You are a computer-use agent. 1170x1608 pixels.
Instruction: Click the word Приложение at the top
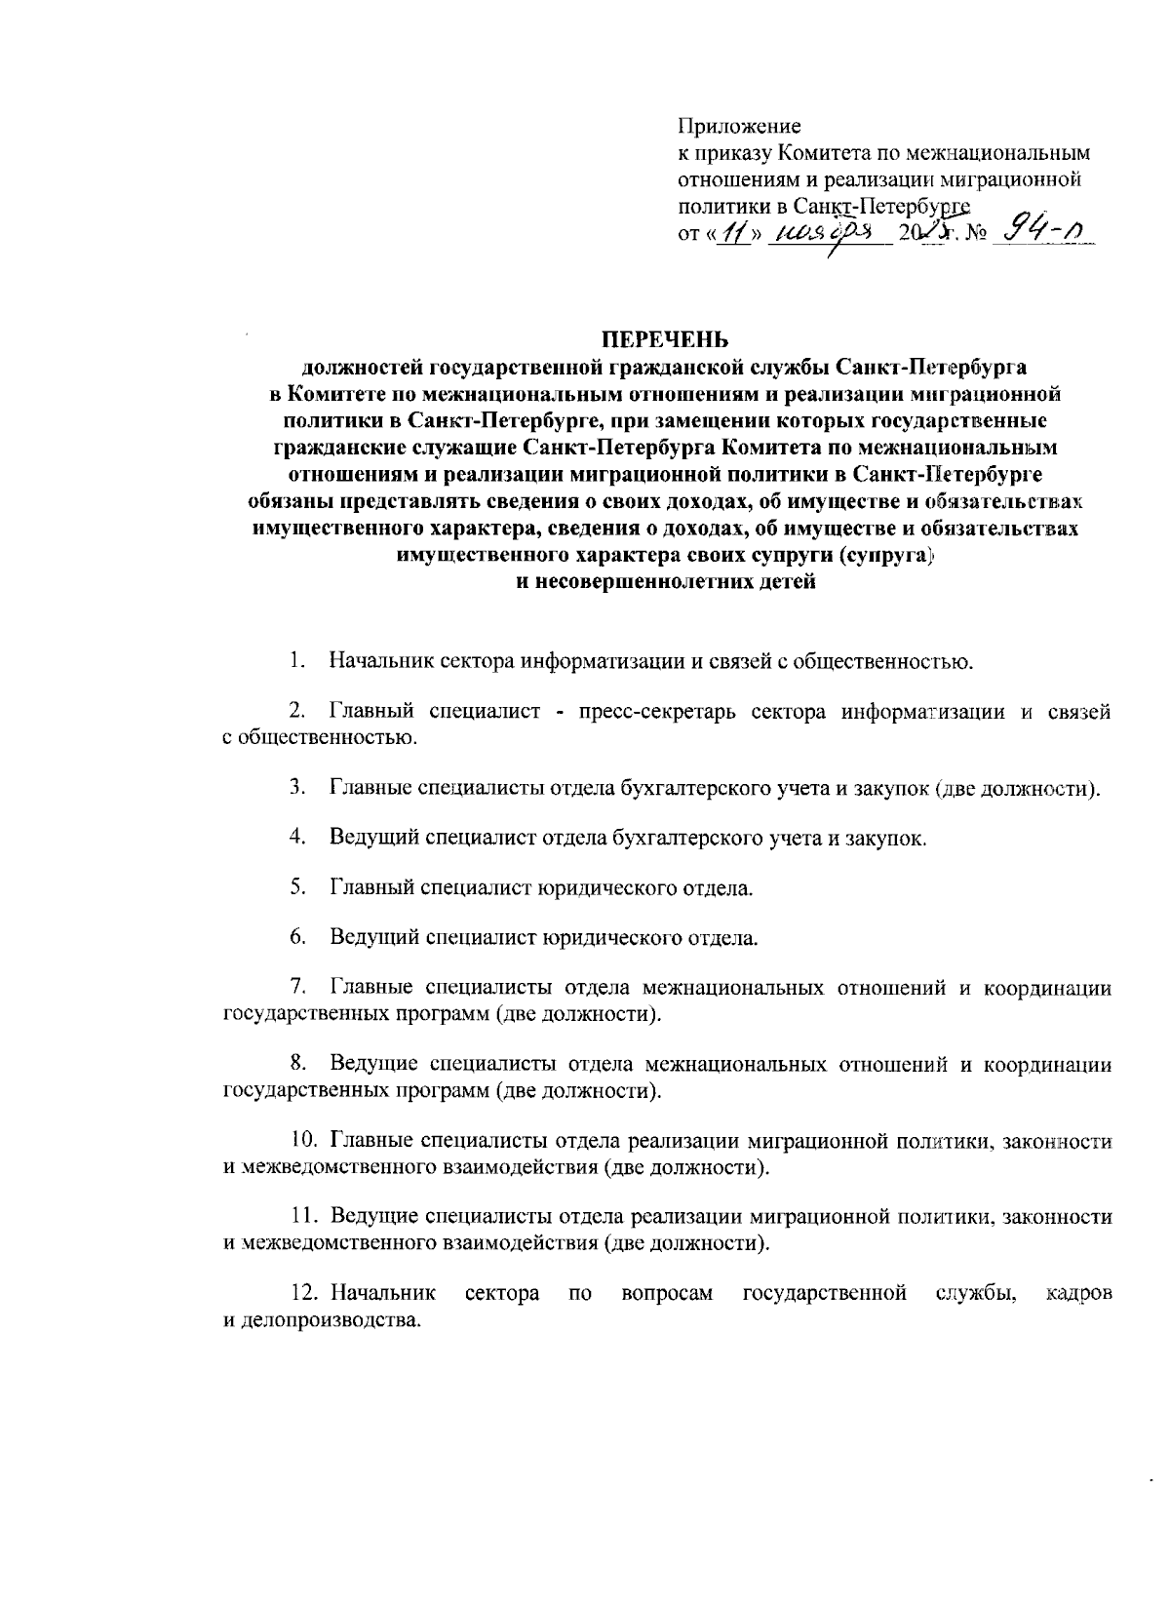pos(739,127)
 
